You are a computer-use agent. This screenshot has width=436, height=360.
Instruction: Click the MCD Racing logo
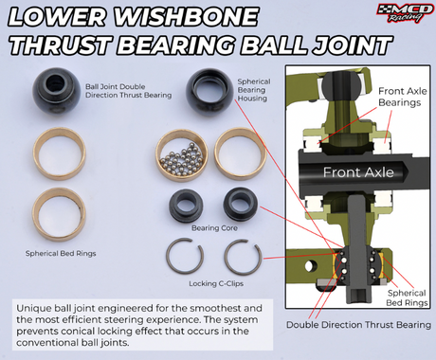[x=405, y=13]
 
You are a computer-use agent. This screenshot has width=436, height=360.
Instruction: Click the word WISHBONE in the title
[x=186, y=16]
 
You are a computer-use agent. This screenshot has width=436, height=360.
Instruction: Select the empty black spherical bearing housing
[x=209, y=92]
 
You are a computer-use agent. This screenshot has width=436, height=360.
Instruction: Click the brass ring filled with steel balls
[x=181, y=155]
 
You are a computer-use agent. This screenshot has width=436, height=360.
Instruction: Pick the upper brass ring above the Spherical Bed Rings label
[x=60, y=153]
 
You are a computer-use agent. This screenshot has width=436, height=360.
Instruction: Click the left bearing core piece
[x=186, y=206]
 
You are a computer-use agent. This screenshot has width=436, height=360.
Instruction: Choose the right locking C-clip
[x=243, y=257]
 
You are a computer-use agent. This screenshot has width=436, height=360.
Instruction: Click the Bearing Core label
[x=214, y=228]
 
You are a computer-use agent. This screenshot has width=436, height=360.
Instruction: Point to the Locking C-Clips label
[x=216, y=283]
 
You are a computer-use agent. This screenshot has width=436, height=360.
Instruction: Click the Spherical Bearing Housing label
[x=254, y=90]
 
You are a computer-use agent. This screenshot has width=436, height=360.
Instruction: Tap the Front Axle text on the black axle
[x=358, y=172]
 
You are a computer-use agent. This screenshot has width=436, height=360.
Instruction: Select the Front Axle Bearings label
[x=403, y=97]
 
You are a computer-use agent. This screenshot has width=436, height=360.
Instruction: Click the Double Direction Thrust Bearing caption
[x=358, y=325]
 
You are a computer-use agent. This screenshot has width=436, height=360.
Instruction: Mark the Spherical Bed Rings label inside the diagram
[x=407, y=297]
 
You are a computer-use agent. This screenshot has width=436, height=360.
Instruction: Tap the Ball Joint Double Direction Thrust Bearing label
[x=128, y=91]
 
